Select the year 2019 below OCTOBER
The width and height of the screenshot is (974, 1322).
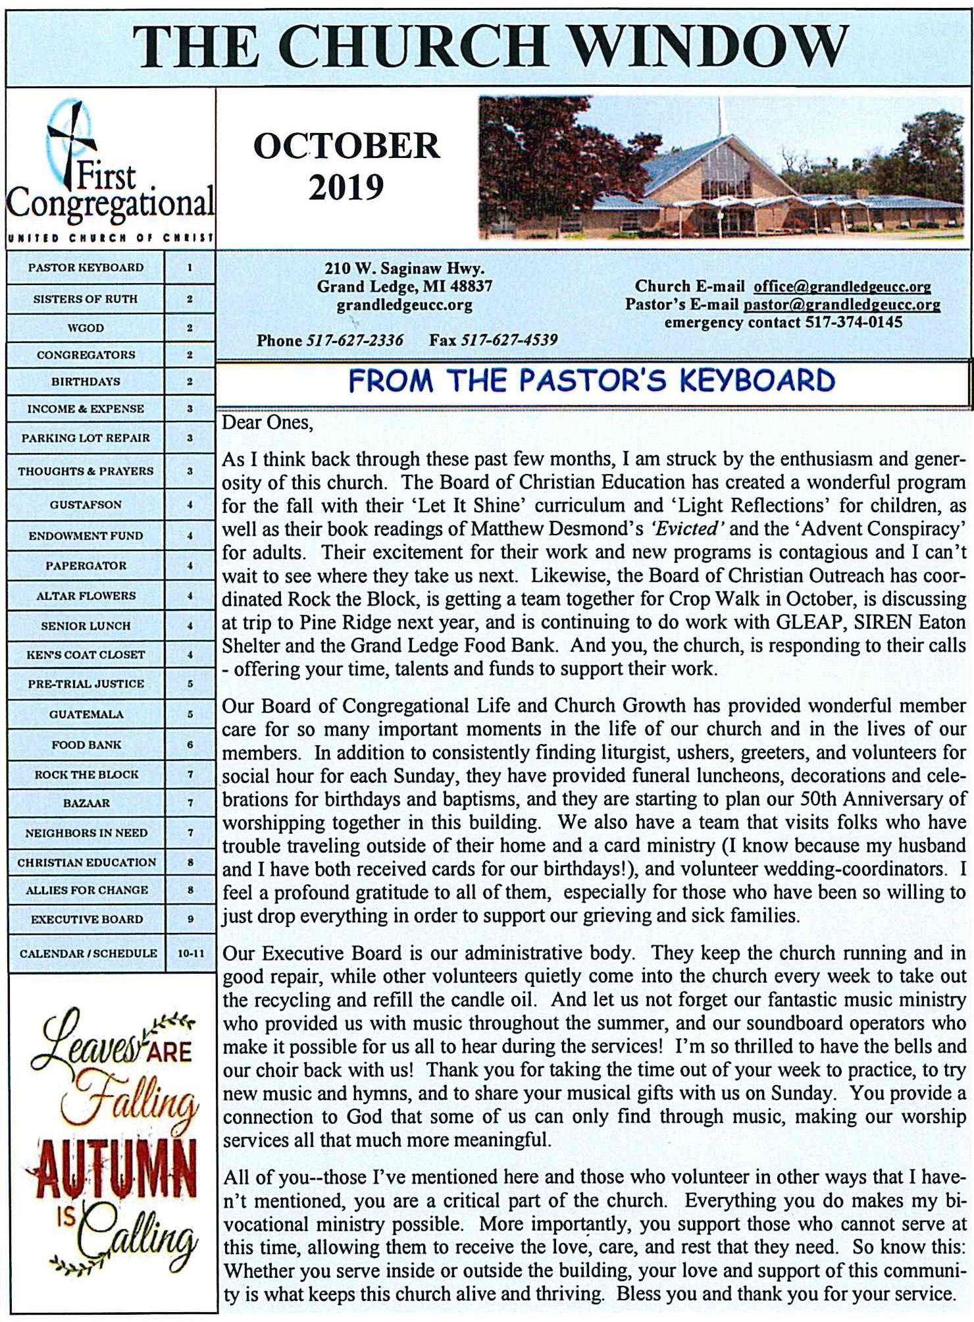pos(346,188)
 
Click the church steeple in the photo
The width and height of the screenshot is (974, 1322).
pos(720,119)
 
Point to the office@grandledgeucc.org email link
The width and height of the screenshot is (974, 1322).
pos(842,286)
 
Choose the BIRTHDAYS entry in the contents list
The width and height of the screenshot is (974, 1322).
pos(86,381)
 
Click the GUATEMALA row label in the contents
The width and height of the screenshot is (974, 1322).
pos(86,714)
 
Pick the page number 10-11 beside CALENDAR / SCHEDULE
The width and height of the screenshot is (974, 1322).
pos(190,953)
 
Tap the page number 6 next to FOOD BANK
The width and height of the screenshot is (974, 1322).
pos(190,744)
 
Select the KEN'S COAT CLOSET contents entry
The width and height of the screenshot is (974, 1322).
pos(86,654)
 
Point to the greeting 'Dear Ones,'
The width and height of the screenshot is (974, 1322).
pos(267,422)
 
